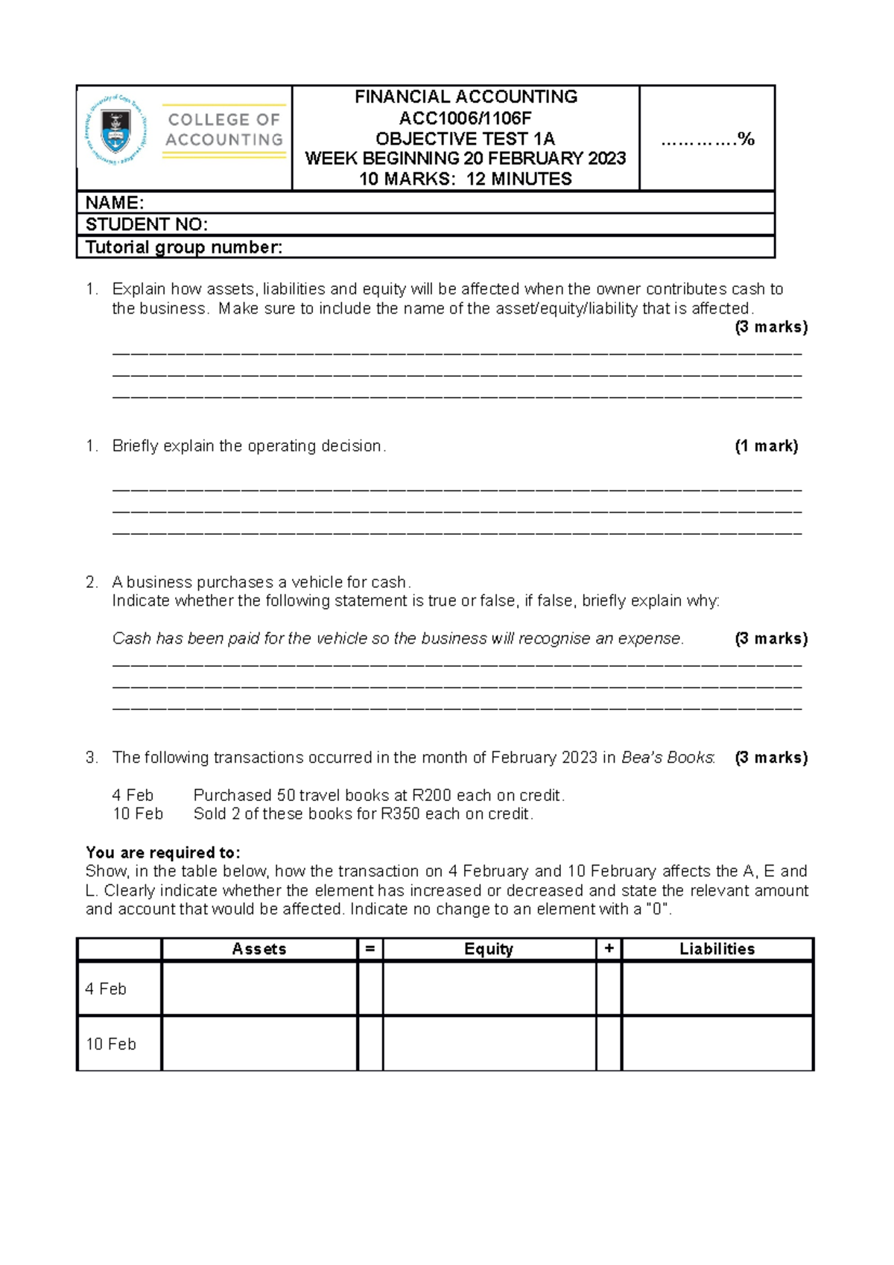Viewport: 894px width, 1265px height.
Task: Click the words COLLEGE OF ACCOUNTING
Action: click(x=223, y=130)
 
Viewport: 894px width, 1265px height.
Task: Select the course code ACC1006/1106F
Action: click(x=465, y=118)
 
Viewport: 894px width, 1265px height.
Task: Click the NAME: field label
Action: click(x=115, y=203)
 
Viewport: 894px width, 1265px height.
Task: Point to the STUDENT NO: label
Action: click(x=146, y=224)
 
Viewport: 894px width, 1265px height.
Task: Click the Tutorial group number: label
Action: click(x=184, y=247)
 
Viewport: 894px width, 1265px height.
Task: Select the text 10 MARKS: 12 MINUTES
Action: click(x=465, y=179)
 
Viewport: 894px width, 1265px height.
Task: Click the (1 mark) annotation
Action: click(x=766, y=446)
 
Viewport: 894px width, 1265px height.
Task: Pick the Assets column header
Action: click(x=259, y=949)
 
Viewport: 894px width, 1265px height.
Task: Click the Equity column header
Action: click(x=489, y=949)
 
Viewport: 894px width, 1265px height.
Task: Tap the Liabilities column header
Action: click(x=717, y=949)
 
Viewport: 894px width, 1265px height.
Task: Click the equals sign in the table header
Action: click(x=370, y=949)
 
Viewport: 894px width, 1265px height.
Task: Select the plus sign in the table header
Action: click(x=609, y=949)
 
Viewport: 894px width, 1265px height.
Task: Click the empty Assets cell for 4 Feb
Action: click(x=259, y=989)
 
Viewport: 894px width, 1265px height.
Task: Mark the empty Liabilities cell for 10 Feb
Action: click(x=717, y=1044)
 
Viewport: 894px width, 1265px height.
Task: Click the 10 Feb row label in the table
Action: click(x=111, y=1044)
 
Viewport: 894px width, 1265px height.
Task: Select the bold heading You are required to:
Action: click(x=162, y=852)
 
